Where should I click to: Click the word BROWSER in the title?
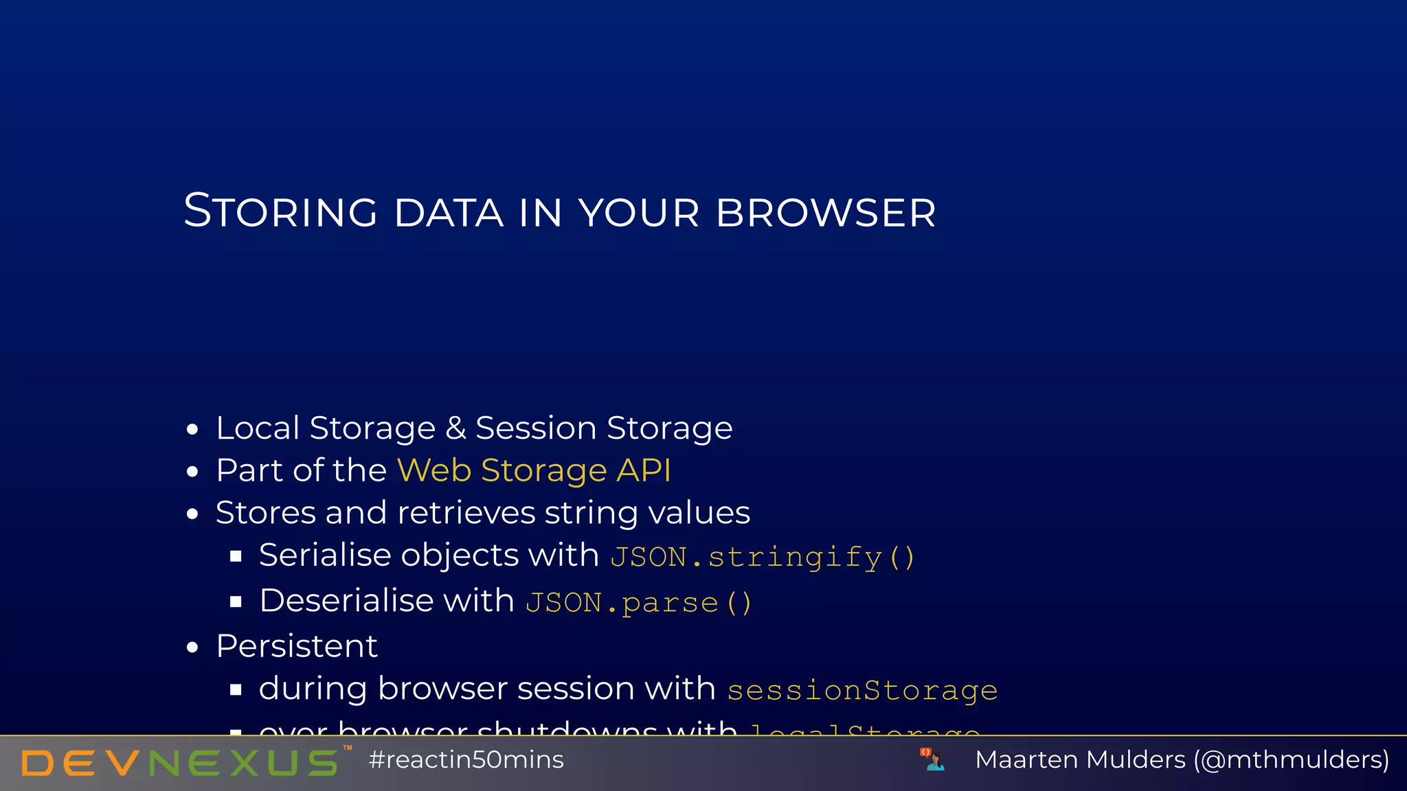[826, 212]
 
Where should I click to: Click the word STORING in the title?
[280, 211]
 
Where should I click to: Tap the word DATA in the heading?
[449, 212]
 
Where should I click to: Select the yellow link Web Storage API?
[534, 470]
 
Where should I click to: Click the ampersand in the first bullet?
[455, 428]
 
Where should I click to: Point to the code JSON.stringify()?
[763, 557]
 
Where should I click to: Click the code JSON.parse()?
[639, 603]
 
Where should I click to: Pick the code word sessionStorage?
[862, 690]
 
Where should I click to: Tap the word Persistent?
[297, 646]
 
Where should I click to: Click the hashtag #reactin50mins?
[466, 760]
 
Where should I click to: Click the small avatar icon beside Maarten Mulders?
[932, 759]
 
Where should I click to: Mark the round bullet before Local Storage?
[192, 430]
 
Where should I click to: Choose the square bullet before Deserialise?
[236, 602]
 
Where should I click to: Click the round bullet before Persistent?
[192, 647]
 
